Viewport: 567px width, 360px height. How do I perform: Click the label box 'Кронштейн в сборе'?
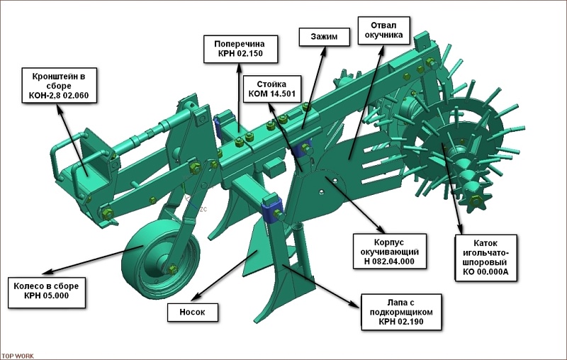(60, 86)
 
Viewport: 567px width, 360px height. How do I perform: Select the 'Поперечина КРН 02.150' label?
(240, 49)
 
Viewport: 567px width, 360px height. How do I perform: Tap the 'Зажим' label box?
(324, 37)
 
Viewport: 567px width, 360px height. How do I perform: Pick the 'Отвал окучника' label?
(383, 30)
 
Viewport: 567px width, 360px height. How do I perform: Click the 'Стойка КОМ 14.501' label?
(272, 89)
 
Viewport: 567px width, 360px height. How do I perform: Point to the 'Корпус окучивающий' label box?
(389, 252)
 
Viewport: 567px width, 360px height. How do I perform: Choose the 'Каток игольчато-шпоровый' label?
(485, 257)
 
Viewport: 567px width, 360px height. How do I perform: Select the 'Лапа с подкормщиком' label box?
(401, 312)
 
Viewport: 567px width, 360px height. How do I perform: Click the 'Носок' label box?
(192, 312)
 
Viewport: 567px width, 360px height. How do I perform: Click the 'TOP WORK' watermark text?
(17, 356)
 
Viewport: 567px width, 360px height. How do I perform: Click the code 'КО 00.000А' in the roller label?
(485, 272)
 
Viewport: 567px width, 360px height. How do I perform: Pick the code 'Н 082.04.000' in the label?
(389, 261)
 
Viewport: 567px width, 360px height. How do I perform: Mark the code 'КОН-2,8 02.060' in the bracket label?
(59, 96)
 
